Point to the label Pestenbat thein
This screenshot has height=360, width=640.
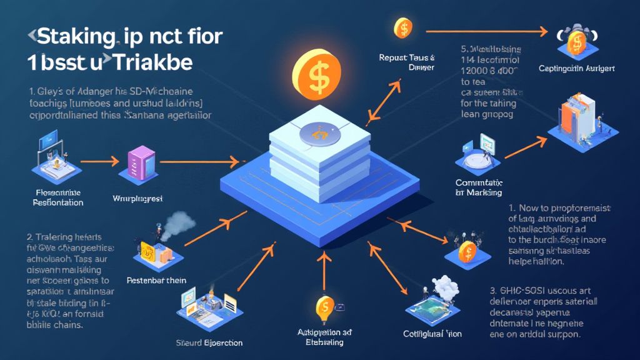click(156, 281)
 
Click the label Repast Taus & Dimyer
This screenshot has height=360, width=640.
click(407, 62)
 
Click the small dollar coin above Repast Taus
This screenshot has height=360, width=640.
click(403, 28)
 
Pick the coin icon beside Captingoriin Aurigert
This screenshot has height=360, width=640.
click(576, 39)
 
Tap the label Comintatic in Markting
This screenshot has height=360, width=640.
click(479, 188)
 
